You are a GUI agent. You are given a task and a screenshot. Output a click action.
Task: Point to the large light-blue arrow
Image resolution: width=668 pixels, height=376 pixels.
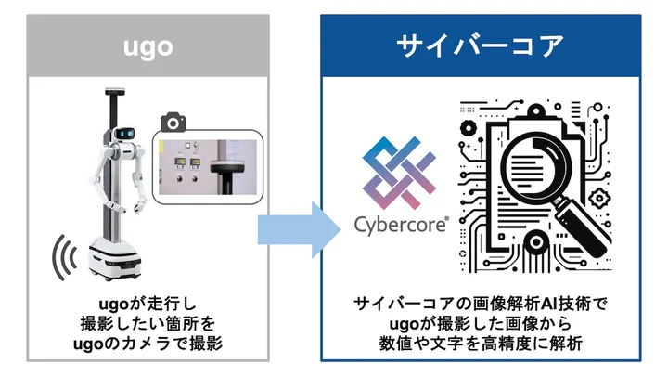pyautogui.click(x=295, y=228)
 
